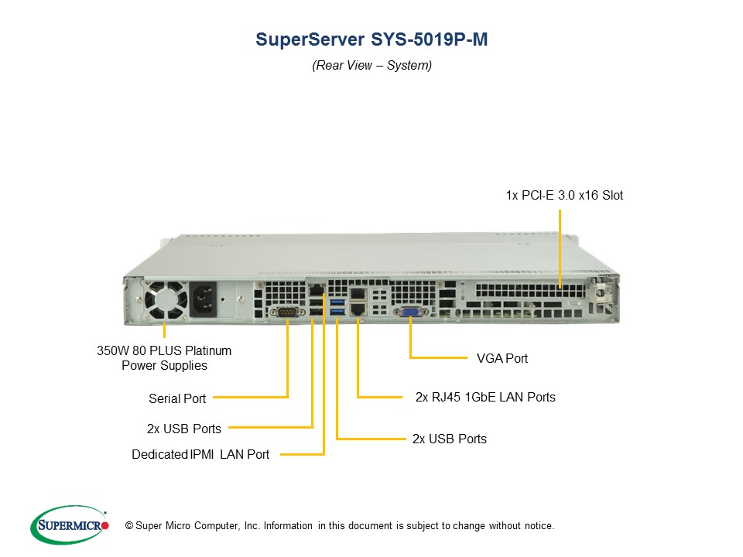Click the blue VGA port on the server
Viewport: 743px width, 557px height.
(x=410, y=312)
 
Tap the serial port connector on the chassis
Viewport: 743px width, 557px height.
(x=288, y=312)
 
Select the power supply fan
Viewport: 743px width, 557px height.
(x=166, y=300)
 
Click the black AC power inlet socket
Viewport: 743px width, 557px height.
(x=203, y=299)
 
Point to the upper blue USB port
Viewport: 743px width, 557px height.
(x=337, y=302)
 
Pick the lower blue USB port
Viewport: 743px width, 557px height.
(x=337, y=311)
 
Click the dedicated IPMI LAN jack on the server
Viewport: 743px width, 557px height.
(x=316, y=290)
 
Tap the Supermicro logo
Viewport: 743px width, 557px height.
(x=70, y=525)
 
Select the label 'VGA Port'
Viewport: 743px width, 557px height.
(x=502, y=358)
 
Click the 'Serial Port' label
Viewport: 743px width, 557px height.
(x=177, y=399)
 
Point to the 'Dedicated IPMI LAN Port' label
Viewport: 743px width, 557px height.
(x=200, y=455)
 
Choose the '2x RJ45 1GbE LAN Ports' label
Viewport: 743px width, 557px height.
(x=485, y=398)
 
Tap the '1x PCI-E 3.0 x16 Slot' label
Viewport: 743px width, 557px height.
(x=564, y=195)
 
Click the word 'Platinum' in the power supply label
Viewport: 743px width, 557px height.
(x=208, y=351)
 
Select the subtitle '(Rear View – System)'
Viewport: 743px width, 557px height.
(x=372, y=65)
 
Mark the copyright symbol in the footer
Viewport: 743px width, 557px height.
(x=129, y=526)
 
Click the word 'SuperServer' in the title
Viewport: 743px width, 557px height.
(x=310, y=39)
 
